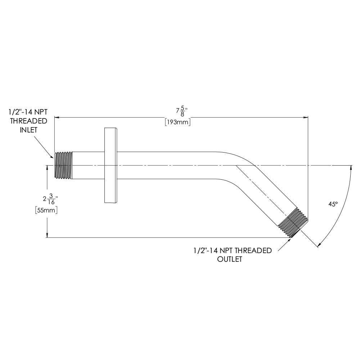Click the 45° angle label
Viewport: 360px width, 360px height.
click(333, 204)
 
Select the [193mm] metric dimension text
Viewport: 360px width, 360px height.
click(177, 122)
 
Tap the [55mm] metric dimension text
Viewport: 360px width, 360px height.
click(46, 210)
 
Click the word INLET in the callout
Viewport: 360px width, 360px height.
click(28, 130)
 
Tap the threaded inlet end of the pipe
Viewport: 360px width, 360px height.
click(63, 166)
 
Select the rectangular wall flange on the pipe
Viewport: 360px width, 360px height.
click(111, 166)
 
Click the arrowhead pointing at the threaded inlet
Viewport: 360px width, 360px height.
click(53, 156)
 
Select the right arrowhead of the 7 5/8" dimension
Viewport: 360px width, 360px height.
click(306, 117)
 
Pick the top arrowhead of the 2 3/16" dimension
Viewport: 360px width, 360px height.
click(47, 168)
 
